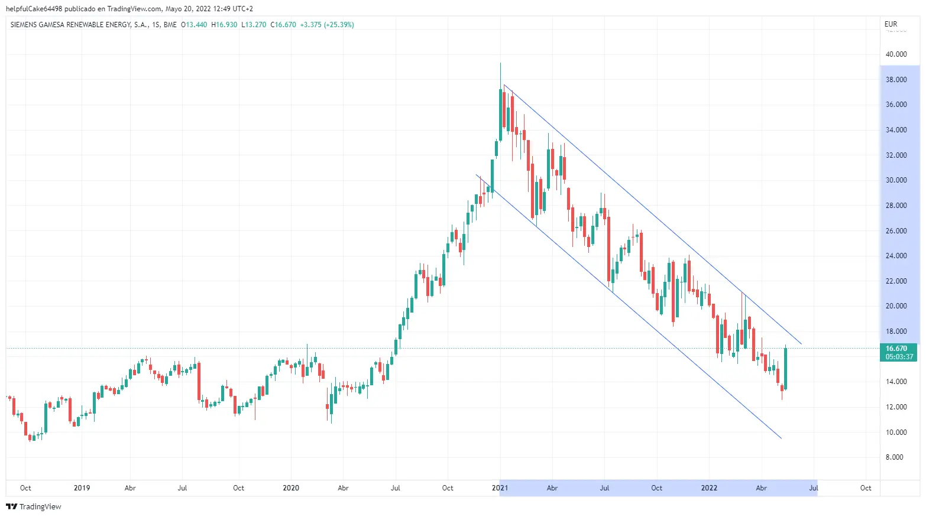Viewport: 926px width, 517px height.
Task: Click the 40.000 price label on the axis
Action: click(x=896, y=54)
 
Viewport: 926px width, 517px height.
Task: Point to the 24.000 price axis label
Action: click(x=896, y=256)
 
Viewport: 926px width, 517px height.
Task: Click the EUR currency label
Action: click(x=891, y=24)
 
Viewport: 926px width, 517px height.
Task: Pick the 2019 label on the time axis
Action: click(x=82, y=488)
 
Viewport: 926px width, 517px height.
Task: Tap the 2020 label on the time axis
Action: click(x=290, y=488)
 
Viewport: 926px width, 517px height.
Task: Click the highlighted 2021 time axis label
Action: click(x=500, y=488)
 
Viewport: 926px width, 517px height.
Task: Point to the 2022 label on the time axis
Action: click(x=709, y=488)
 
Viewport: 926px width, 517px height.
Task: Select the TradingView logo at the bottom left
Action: click(x=34, y=506)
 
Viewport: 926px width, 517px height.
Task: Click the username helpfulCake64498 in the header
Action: click(x=34, y=9)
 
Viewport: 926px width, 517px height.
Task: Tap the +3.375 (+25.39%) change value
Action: click(x=327, y=25)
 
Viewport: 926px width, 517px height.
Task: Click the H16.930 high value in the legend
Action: click(x=224, y=25)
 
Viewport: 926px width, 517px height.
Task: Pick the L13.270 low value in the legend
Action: click(x=254, y=25)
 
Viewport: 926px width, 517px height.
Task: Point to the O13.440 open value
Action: click(x=194, y=25)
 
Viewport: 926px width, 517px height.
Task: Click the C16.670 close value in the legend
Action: click(x=283, y=25)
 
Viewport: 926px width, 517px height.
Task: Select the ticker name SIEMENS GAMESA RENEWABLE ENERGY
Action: click(x=79, y=25)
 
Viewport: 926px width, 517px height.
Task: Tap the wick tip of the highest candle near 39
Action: click(x=500, y=63)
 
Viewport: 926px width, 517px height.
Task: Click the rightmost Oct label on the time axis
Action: click(x=866, y=488)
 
